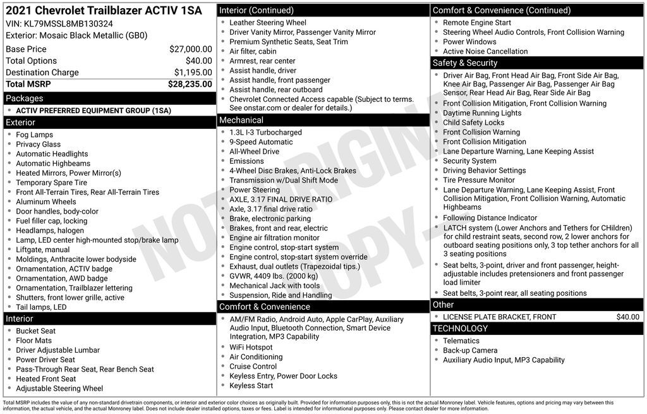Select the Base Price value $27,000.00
click(190, 49)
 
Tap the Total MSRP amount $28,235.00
click(190, 84)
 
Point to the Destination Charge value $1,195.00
click(193, 73)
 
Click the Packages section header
click(25, 98)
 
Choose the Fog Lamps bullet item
click(34, 135)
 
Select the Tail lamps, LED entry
click(41, 307)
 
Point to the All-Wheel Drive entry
click(254, 152)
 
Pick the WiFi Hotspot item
click(251, 348)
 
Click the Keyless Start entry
click(251, 386)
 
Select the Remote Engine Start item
click(477, 23)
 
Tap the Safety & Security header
click(465, 63)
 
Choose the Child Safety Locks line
click(473, 123)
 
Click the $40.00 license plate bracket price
click(627, 317)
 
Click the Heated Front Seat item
click(45, 379)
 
